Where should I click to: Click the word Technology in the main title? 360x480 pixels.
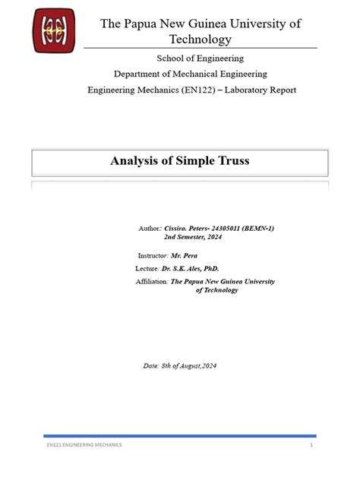click(201, 39)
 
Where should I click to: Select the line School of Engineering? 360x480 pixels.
click(200, 58)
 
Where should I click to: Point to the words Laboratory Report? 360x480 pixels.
click(259, 90)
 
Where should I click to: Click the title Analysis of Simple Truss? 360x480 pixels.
click(179, 160)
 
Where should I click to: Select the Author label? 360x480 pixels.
click(150, 228)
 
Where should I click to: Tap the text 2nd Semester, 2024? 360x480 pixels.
click(193, 237)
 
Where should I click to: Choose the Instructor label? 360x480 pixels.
click(153, 255)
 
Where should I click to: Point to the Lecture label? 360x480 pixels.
click(147, 268)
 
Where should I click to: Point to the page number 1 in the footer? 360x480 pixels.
click(311, 444)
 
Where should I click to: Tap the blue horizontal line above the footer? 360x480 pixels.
click(179, 435)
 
